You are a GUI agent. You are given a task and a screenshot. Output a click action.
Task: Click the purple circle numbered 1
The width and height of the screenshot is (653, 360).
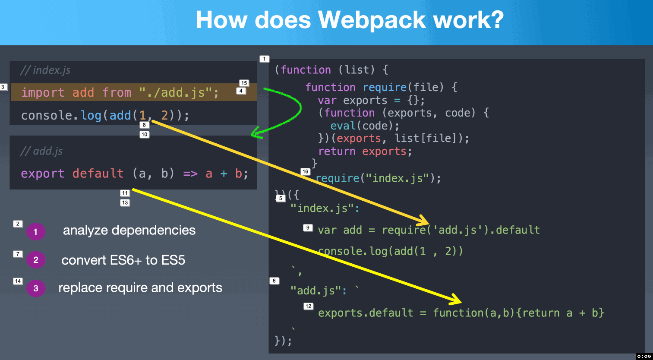(x=36, y=232)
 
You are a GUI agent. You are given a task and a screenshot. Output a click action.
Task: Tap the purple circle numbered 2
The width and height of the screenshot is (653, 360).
(x=36, y=260)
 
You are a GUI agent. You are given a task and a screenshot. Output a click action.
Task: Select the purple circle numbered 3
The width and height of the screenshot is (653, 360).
(x=36, y=288)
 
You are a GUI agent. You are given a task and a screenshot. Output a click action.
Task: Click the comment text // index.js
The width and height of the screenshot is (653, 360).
(x=45, y=70)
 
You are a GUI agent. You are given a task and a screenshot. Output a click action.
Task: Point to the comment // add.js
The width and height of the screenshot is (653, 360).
(x=41, y=151)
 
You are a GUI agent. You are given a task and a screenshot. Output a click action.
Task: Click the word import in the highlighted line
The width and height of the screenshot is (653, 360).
(x=43, y=92)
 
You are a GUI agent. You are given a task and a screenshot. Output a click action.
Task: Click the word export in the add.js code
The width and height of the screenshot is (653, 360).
(x=42, y=174)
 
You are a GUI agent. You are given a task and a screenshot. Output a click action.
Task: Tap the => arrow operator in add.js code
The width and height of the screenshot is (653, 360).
(x=190, y=174)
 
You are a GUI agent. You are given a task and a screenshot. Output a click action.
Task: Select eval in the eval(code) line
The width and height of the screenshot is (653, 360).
(x=343, y=126)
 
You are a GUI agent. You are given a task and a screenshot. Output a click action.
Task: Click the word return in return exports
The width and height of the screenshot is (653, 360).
(x=337, y=152)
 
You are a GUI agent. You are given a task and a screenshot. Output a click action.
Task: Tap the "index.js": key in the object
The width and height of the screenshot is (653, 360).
(x=325, y=208)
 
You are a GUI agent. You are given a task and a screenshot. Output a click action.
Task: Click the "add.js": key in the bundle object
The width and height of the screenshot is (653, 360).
(x=319, y=291)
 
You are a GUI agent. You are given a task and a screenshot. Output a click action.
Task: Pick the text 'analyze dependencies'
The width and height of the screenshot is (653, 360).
(x=129, y=231)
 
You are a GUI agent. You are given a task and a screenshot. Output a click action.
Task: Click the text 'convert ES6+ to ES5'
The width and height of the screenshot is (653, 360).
(x=123, y=260)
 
